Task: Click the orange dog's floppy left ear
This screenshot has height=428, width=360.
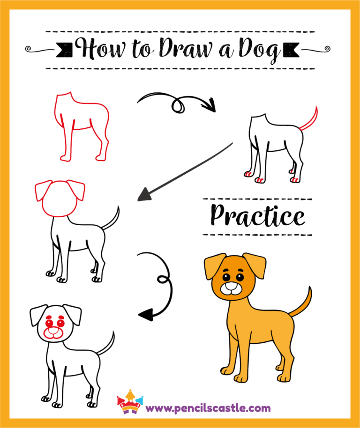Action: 213,266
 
